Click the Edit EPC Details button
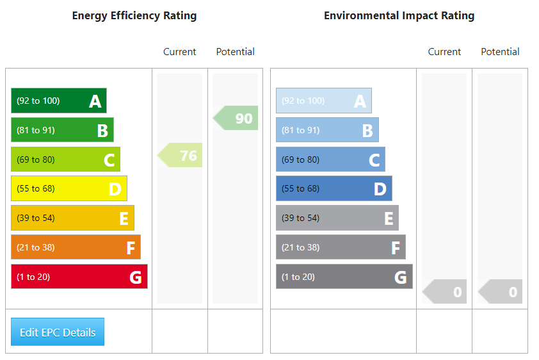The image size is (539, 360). pyautogui.click(x=58, y=332)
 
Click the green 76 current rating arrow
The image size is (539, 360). pyautogui.click(x=181, y=155)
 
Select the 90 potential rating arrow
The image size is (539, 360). pyautogui.click(x=236, y=118)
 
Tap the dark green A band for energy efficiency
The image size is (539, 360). pyautogui.click(x=58, y=101)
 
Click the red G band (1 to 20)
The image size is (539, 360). pyautogui.click(x=79, y=277)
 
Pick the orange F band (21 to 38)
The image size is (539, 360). pyautogui.click(x=76, y=247)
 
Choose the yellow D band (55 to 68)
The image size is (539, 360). pyautogui.click(x=68, y=188)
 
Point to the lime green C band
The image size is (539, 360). pyautogui.click(x=65, y=160)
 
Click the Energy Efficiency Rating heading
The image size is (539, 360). pyautogui.click(x=134, y=16)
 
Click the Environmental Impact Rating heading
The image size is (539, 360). pyautogui.click(x=399, y=16)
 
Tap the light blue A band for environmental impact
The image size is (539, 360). pyautogui.click(x=323, y=101)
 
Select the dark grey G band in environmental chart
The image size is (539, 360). pyautogui.click(x=344, y=277)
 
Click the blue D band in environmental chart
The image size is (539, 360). pyautogui.click(x=334, y=188)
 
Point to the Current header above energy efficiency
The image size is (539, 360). pyautogui.click(x=180, y=52)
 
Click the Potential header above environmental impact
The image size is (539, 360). pyautogui.click(x=500, y=52)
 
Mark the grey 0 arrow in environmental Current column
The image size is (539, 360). pyautogui.click(x=446, y=291)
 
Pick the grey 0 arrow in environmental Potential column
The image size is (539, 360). pyautogui.click(x=501, y=291)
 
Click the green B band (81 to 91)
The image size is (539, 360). pyautogui.click(x=62, y=130)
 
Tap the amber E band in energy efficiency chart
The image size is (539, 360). pyautogui.click(x=72, y=218)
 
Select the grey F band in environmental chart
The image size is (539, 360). pyautogui.click(x=341, y=247)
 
